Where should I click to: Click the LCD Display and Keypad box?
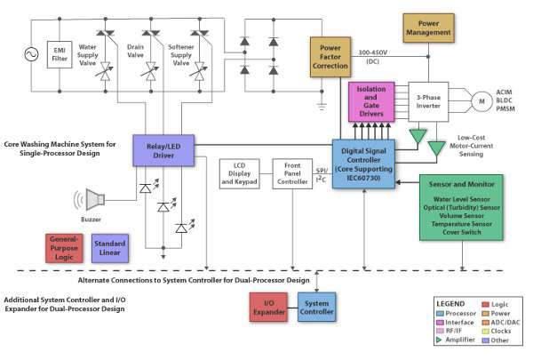(238, 174)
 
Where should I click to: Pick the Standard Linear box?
(110, 248)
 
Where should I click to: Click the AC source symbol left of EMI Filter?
(33, 55)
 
